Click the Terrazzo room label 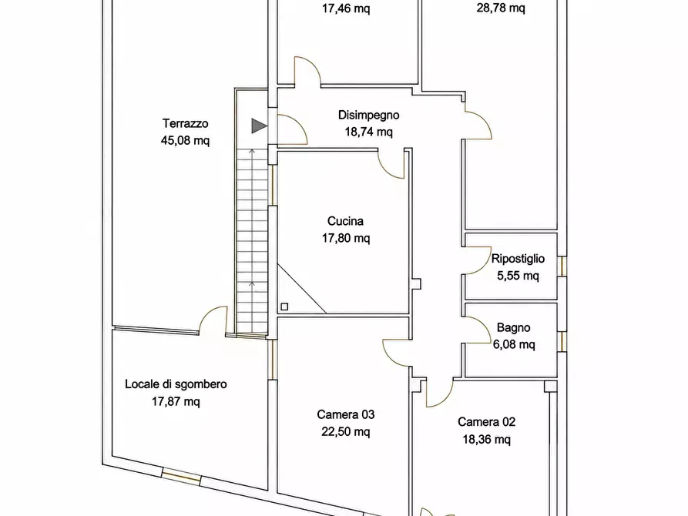click(x=185, y=123)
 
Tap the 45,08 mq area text click(x=185, y=140)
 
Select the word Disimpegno click(x=368, y=116)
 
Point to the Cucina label click(x=345, y=221)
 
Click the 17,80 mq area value click(x=346, y=238)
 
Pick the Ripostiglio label click(x=518, y=259)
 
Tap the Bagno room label click(x=513, y=328)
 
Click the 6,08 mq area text click(x=514, y=344)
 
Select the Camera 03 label click(x=346, y=414)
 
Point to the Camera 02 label click(x=486, y=422)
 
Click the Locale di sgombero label click(x=176, y=384)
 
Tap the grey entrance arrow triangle click(x=259, y=126)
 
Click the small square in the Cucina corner click(x=284, y=307)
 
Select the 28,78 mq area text click(x=501, y=8)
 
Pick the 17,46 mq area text click(x=346, y=8)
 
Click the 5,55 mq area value click(x=518, y=276)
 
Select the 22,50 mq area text click(x=346, y=432)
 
